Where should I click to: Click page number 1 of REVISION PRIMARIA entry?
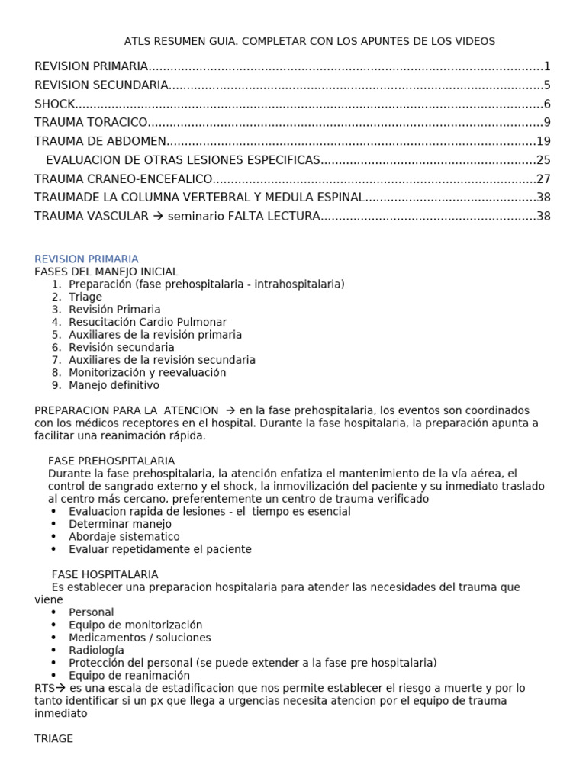click(x=547, y=66)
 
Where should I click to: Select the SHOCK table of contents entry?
click(x=55, y=104)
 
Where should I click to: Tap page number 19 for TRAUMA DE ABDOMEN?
click(x=543, y=141)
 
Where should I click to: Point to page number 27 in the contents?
click(x=543, y=178)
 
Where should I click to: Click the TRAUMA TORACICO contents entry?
click(x=90, y=122)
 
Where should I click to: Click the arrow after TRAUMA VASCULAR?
click(x=158, y=216)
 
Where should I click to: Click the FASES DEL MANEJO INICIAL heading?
click(x=106, y=272)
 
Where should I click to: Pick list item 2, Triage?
click(x=85, y=297)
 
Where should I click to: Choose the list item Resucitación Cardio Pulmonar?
click(x=147, y=322)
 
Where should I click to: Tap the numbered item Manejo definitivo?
click(x=114, y=385)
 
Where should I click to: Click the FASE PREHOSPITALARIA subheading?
click(x=111, y=461)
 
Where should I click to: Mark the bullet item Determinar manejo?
click(x=120, y=524)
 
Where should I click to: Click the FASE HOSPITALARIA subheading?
click(x=105, y=574)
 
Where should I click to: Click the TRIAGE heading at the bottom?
click(x=53, y=738)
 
